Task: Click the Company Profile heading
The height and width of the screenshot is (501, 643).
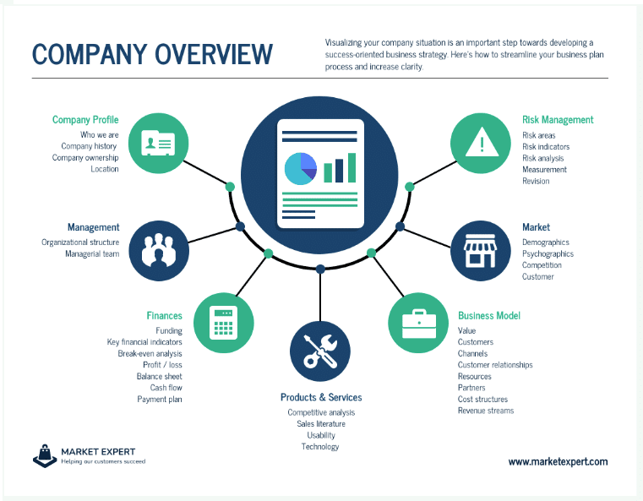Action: click(x=85, y=120)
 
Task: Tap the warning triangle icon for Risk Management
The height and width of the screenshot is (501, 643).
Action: click(x=482, y=142)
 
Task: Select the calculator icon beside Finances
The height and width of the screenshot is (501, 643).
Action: click(x=224, y=323)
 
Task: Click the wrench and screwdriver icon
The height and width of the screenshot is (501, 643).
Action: click(x=320, y=351)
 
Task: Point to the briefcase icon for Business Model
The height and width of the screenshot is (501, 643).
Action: click(x=419, y=324)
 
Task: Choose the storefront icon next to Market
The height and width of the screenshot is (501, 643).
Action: click(x=480, y=250)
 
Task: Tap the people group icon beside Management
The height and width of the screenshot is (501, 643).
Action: click(x=159, y=250)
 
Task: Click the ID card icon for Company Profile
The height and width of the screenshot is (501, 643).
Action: click(x=158, y=143)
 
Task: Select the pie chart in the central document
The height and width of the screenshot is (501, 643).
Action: click(x=301, y=168)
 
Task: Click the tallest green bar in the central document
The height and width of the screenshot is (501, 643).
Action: click(x=351, y=167)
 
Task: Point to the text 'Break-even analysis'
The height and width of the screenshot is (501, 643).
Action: click(x=150, y=353)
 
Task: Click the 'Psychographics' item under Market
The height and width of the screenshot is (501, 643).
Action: click(x=548, y=253)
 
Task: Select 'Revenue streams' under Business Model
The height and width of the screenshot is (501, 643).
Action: click(x=486, y=411)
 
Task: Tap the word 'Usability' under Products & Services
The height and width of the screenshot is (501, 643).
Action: click(x=321, y=435)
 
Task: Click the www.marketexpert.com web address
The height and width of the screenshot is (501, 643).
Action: click(x=559, y=461)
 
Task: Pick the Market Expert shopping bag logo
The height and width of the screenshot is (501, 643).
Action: click(x=45, y=456)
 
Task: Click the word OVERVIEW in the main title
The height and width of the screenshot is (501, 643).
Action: click(x=213, y=54)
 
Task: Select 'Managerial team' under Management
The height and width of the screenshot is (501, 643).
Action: click(x=92, y=253)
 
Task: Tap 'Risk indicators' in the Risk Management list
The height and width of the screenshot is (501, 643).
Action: click(x=546, y=146)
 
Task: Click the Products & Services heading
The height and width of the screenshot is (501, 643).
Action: click(x=321, y=397)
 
